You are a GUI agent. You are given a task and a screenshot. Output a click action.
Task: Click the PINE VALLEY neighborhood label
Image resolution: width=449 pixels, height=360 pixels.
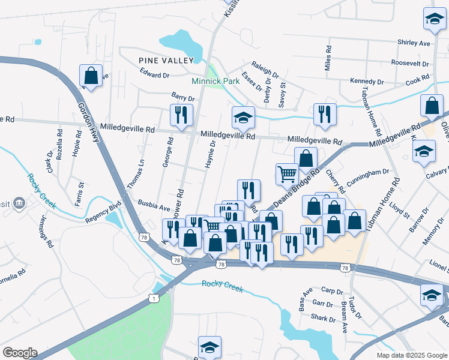pos(166,61)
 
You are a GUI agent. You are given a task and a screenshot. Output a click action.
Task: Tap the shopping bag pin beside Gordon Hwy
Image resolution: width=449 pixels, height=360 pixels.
pos(91,76)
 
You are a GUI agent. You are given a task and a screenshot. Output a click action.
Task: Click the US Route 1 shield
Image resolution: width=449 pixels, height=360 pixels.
pos(155,298)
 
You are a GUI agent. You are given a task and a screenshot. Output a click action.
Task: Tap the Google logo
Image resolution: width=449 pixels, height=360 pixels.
pos(20,353)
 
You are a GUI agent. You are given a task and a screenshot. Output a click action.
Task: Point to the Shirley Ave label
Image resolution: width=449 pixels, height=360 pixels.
pos(414,43)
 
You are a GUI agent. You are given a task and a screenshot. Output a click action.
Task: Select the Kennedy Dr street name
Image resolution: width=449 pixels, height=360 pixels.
pos(367,82)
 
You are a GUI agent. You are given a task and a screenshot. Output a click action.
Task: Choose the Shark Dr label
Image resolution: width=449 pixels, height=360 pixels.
pos(322,317)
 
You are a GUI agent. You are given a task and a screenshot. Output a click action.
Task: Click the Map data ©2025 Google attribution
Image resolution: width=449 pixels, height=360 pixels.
pos(411,355)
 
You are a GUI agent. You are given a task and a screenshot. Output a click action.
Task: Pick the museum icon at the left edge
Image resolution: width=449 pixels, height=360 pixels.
pos(19,203)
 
